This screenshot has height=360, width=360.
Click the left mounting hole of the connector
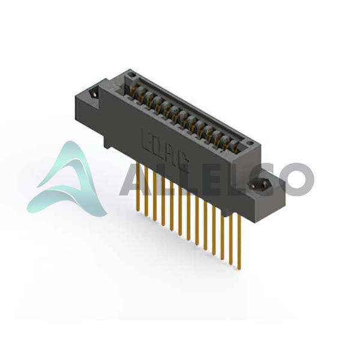coord(94,94)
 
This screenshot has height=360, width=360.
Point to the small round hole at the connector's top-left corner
coord(131,75)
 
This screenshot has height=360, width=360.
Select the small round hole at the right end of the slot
coord(250,144)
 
